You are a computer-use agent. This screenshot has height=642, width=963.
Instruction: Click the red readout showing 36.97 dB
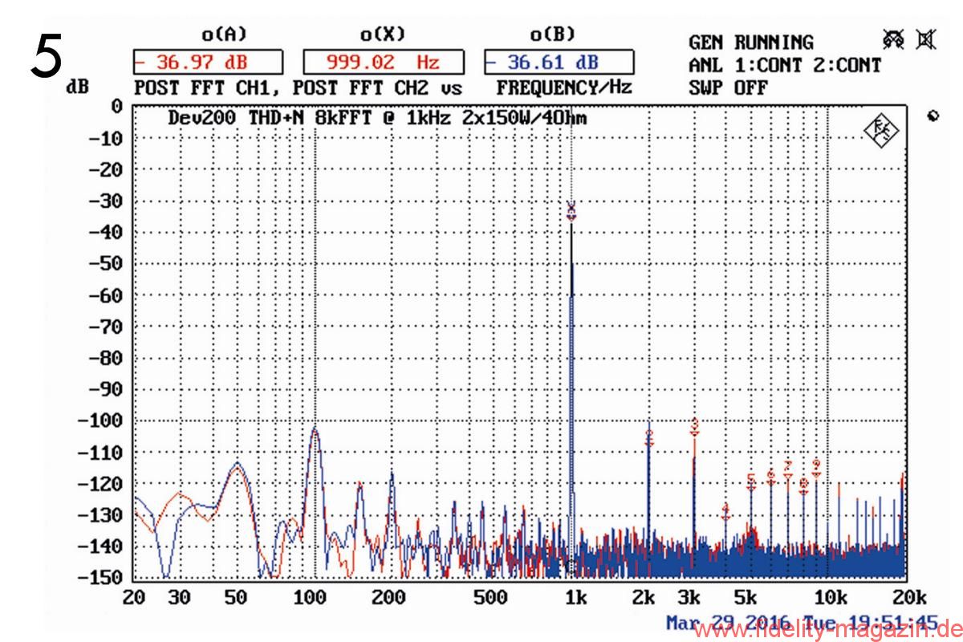pyautogui.click(x=206, y=62)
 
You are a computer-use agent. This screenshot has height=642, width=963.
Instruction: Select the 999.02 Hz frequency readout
pyautogui.click(x=383, y=62)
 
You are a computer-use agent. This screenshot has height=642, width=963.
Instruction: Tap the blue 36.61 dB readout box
pyautogui.click(x=559, y=62)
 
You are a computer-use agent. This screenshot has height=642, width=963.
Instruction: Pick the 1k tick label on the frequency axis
pyautogui.click(x=572, y=597)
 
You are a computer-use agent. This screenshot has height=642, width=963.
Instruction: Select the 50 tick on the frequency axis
pyautogui.click(x=235, y=597)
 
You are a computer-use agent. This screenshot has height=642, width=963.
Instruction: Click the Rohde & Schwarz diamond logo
pyautogui.click(x=882, y=131)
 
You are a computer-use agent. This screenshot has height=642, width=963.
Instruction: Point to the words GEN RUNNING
pyautogui.click(x=750, y=42)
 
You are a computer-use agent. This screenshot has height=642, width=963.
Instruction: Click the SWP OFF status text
pyautogui.click(x=716, y=87)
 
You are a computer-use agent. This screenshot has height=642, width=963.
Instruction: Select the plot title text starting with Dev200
pyautogui.click(x=377, y=118)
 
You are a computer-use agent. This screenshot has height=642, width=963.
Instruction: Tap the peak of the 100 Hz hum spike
pyautogui.click(x=315, y=430)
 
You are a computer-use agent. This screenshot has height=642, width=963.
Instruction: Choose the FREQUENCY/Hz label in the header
pyautogui.click(x=564, y=86)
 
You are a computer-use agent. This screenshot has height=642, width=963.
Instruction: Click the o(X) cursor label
pyautogui.click(x=382, y=35)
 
